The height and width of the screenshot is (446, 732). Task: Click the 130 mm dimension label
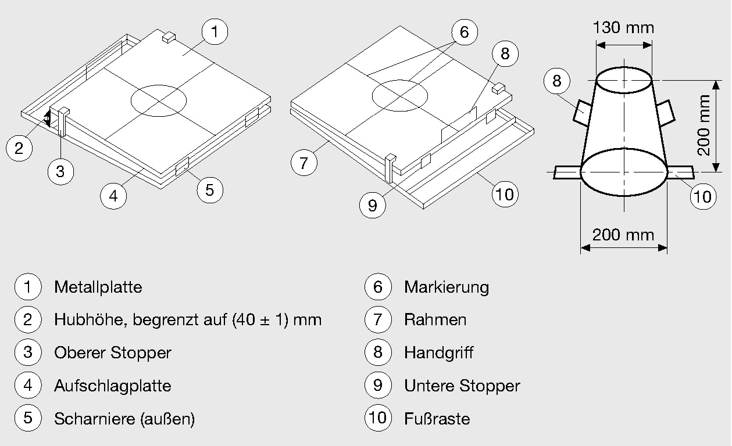point(623,27)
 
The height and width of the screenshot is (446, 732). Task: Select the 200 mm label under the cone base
point(623,235)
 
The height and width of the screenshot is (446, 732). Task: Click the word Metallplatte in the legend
point(98,287)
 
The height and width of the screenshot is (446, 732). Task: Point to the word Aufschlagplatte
point(112,386)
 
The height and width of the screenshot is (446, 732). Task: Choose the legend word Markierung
point(447,287)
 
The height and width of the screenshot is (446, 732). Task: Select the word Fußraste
point(437,419)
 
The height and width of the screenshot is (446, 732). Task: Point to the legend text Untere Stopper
point(462,386)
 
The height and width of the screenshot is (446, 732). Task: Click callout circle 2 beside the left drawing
point(19,149)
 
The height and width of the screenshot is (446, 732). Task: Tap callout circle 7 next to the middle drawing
point(304,163)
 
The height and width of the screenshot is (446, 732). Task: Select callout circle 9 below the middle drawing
point(373,205)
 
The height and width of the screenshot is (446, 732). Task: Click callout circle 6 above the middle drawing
point(463,33)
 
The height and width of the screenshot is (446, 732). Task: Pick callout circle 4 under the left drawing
point(113,196)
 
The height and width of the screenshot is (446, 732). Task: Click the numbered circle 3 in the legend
point(28,353)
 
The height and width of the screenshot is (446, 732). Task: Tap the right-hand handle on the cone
point(665,111)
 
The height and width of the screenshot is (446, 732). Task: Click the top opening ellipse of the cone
point(623,80)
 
